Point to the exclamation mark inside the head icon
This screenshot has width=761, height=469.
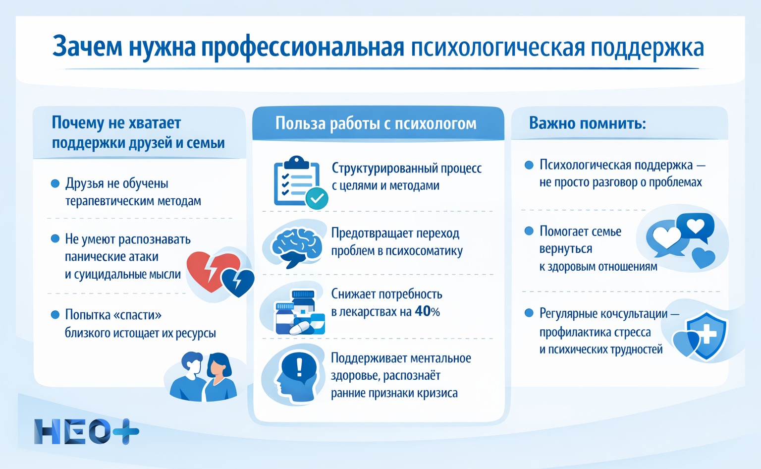(299, 368)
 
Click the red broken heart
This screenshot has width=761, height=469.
(211, 271)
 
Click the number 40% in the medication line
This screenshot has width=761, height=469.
(427, 311)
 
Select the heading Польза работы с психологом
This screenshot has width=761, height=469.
(376, 123)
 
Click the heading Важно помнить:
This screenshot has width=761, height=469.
(587, 122)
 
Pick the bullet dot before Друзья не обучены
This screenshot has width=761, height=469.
(55, 183)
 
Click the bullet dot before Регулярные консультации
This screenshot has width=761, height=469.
(529, 313)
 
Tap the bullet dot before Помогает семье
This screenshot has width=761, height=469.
(529, 231)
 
